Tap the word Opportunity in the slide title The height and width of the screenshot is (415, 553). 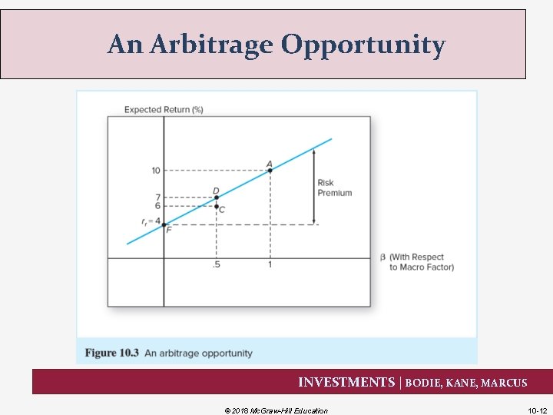coord(363,45)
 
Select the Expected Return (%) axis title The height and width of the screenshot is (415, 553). coord(164,110)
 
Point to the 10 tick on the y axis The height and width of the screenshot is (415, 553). coord(155,170)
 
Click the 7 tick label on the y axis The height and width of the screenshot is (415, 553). coord(157,198)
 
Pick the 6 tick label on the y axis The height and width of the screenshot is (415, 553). coord(157,206)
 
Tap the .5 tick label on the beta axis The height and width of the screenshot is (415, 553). coord(216,266)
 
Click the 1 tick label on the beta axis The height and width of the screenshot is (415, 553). coord(270,266)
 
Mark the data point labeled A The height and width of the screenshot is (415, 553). coord(270,170)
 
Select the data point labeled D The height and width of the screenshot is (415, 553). coord(217,198)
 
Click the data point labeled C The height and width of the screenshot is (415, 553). coord(217,206)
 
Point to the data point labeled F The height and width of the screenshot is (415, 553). coord(164,224)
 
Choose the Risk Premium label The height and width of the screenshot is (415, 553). coord(334,188)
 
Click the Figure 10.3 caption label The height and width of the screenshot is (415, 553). coord(112,353)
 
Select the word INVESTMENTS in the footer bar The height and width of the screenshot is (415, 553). coord(346,382)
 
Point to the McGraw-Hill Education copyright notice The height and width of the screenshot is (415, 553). coord(276,410)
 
